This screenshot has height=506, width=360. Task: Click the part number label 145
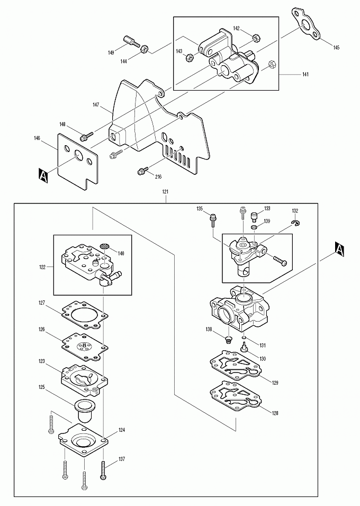336,48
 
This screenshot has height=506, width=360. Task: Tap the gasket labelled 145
307,24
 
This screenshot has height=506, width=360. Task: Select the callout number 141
305,74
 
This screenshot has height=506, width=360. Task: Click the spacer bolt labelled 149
131,42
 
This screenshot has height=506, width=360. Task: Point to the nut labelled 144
144,49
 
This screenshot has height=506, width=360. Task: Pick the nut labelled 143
190,57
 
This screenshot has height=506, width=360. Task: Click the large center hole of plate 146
79,155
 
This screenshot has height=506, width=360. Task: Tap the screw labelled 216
142,171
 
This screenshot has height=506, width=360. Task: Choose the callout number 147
95,104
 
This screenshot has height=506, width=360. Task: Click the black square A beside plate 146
43,175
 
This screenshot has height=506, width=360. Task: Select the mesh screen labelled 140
104,246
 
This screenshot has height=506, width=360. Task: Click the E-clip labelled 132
295,223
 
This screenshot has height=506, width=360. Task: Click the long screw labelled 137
103,470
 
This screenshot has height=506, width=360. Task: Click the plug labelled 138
228,340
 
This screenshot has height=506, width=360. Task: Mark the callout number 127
42,303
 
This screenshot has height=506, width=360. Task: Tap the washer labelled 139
254,228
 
